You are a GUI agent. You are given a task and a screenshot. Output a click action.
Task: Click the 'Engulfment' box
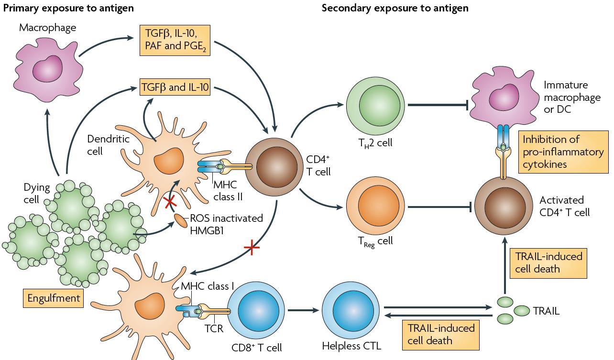(53, 298)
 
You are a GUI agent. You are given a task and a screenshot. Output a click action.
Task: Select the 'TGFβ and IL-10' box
(175, 87)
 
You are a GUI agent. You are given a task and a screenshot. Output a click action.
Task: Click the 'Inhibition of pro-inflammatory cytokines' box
(563, 152)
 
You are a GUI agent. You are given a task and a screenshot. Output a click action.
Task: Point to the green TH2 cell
(375, 105)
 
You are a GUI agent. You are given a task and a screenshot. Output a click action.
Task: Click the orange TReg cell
(375, 207)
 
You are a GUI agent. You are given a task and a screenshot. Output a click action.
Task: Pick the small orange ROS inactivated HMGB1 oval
(180, 221)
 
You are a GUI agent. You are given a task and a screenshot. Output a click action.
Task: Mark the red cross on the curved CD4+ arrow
(252, 248)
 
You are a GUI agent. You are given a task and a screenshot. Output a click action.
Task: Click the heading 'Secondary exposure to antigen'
(395, 8)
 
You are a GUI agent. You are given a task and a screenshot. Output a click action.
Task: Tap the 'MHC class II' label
(225, 191)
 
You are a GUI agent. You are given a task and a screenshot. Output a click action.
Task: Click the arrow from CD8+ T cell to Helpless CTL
(303, 310)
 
